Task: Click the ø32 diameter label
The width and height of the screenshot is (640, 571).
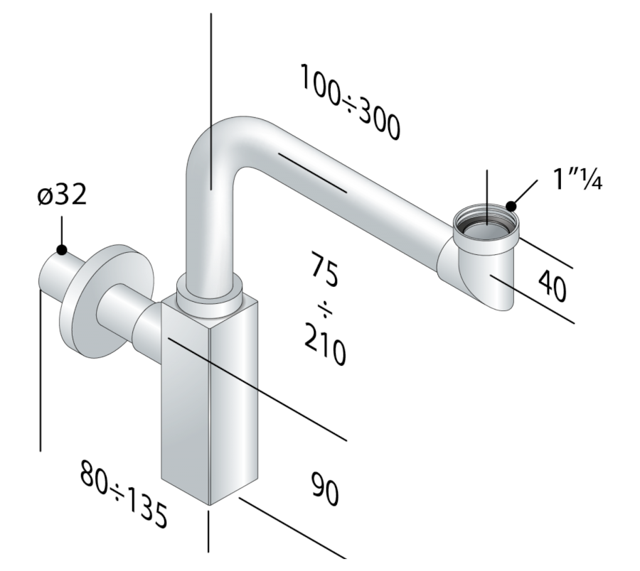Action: pyautogui.click(x=62, y=194)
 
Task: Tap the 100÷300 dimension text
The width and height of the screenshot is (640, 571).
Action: pyautogui.click(x=350, y=102)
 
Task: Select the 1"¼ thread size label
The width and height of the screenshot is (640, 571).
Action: pyautogui.click(x=577, y=179)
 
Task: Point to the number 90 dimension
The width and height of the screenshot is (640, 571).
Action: pyautogui.click(x=325, y=489)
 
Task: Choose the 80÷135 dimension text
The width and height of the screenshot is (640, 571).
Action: pyautogui.click(x=124, y=494)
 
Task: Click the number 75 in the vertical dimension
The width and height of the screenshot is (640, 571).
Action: pyautogui.click(x=324, y=268)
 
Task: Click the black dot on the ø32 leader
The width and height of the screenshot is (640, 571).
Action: pyautogui.click(x=62, y=249)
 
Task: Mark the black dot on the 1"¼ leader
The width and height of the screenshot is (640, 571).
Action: pyautogui.click(x=511, y=206)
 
